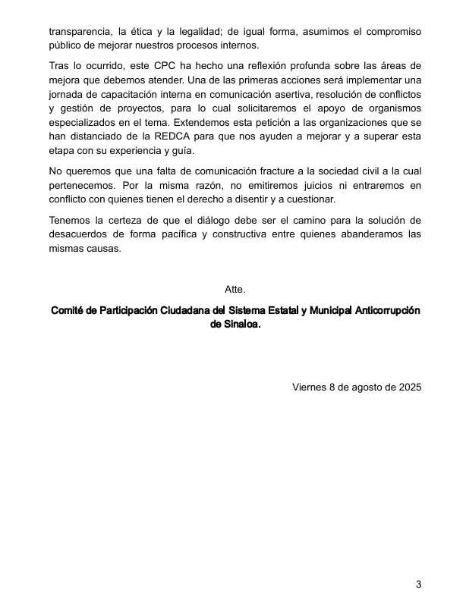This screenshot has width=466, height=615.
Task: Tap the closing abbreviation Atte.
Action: tap(235, 290)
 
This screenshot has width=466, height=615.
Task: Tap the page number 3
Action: tap(417, 584)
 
